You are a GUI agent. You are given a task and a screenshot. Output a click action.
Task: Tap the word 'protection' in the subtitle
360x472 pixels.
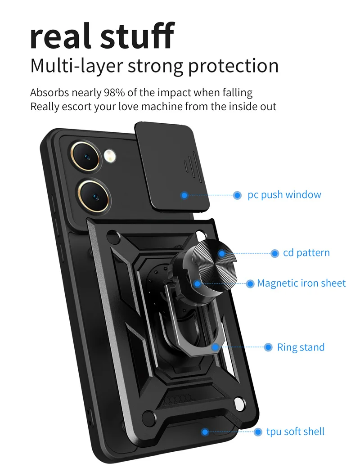coord(233,66)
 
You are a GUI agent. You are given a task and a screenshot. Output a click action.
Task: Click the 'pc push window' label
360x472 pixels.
coord(284,195)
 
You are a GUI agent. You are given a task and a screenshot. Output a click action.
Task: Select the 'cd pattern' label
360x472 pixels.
coord(306,253)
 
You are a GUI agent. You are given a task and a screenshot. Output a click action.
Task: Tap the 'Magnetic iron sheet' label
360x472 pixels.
coord(301,283)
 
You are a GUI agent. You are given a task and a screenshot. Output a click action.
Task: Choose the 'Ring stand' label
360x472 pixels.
coord(301,347)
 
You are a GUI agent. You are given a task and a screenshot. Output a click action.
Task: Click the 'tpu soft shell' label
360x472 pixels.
coord(295,432)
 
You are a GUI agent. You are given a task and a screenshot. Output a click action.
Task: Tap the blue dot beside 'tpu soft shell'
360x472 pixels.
coord(258,432)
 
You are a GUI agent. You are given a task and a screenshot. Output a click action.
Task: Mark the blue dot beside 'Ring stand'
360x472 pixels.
coord(268,347)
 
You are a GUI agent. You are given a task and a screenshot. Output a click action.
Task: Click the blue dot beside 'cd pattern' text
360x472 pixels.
coord(274,253)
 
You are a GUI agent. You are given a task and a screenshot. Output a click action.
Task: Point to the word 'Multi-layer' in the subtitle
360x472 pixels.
coord(76,66)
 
